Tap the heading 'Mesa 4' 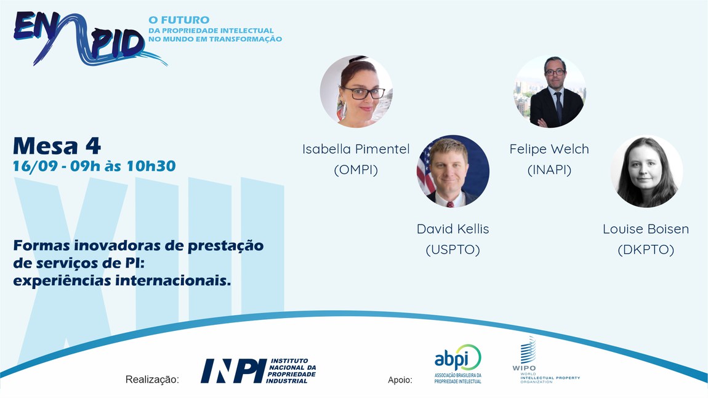[57, 146]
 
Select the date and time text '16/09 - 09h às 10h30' [94, 166]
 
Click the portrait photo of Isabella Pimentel [356, 92]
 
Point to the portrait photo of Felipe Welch [550, 92]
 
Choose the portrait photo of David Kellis [453, 172]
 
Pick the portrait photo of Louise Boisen [646, 172]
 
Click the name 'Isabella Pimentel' [356, 149]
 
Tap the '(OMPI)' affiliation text [356, 170]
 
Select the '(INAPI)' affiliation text [550, 170]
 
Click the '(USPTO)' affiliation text [453, 250]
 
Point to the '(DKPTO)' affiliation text [646, 250]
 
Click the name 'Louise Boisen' [646, 229]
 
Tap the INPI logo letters [233, 371]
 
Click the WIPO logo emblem [528, 350]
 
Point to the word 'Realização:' [152, 380]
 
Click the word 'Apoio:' [400, 380]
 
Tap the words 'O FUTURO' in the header [179, 20]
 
